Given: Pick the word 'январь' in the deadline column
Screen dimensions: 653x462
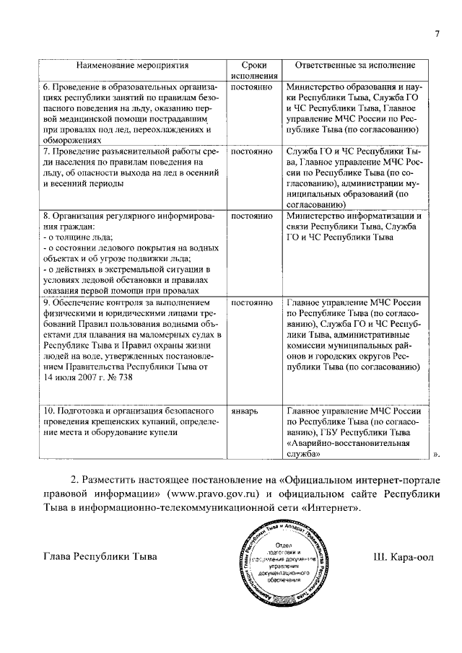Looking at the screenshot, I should tap(244, 410).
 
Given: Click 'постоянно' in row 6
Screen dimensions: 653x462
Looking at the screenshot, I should tap(250, 87).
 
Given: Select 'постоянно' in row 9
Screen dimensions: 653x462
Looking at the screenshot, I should tap(250, 302).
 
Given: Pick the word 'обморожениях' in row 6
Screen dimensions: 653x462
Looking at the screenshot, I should tap(71, 141).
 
